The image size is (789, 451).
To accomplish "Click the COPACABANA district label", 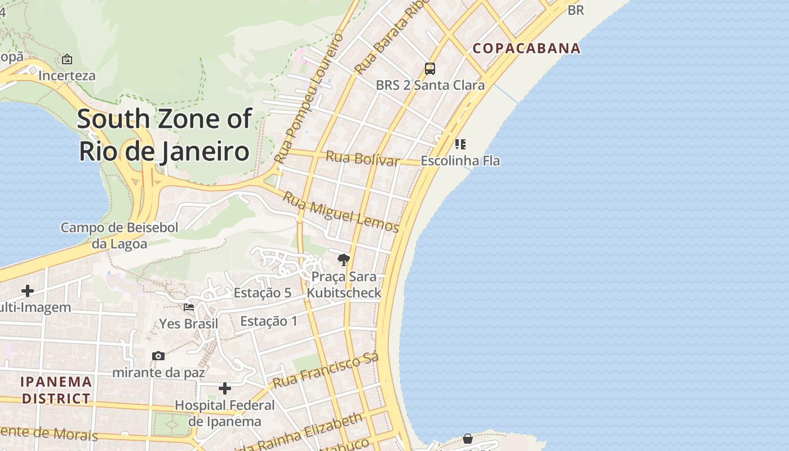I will tap(526, 48).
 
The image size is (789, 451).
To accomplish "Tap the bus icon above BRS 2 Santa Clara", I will tap(430, 69).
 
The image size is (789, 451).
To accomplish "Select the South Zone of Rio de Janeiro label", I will tap(164, 135).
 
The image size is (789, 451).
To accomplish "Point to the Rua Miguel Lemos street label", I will tap(340, 212).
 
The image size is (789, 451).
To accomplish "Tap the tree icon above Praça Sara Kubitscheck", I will tap(343, 259).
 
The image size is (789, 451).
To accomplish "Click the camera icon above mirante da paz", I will tap(158, 356).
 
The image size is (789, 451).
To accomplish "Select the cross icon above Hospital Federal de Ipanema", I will tap(225, 388).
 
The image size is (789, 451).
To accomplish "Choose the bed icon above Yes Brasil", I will tap(189, 307).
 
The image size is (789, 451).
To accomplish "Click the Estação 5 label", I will tap(263, 293).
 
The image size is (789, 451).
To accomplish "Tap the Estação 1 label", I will tap(269, 321).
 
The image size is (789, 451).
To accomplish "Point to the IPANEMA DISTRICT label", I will tap(56, 390).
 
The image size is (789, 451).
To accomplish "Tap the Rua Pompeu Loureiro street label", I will tap(309, 99).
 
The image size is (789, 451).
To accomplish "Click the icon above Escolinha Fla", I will tap(460, 144).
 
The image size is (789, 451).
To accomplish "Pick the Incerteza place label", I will tap(67, 76).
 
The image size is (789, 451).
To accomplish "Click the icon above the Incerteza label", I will tap(67, 59).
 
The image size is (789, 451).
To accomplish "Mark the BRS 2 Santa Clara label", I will tap(430, 85).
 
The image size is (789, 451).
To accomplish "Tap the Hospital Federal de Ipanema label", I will tap(225, 413).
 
